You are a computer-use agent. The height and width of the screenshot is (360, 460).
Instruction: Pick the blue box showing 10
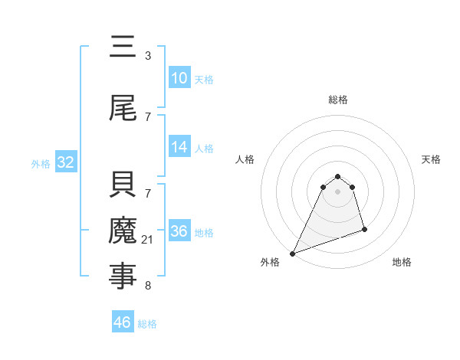(179, 78)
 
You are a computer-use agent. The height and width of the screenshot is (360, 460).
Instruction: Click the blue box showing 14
(179, 147)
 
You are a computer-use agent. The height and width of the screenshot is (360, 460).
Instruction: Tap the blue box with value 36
(179, 231)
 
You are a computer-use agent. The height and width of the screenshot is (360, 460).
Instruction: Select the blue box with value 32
(65, 162)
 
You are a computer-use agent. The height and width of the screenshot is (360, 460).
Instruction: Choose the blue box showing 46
(123, 322)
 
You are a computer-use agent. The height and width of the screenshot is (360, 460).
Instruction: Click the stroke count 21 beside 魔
(148, 241)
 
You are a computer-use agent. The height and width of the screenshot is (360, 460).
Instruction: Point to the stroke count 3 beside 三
(148, 56)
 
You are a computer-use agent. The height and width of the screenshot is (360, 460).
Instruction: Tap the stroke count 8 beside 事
(148, 286)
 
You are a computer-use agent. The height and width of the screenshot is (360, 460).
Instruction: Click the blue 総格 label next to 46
(147, 324)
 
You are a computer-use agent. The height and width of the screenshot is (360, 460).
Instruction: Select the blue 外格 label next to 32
(41, 163)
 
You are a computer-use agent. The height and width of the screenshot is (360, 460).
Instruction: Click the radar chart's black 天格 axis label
(431, 159)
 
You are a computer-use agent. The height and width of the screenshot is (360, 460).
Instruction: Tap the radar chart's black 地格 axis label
(402, 262)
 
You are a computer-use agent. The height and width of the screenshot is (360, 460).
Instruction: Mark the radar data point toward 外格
(292, 253)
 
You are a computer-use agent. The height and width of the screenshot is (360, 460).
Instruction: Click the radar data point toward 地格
(364, 229)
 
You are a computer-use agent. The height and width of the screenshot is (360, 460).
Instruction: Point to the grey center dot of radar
(337, 191)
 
